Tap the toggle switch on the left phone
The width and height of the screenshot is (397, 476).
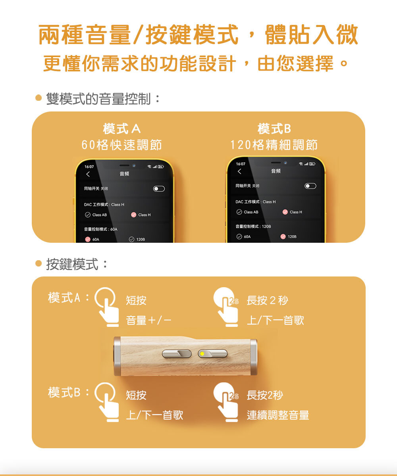[159, 189]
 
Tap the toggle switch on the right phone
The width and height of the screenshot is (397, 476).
[310, 186]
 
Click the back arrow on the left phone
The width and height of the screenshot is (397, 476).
[88, 175]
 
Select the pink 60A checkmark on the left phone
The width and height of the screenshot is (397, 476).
[88, 239]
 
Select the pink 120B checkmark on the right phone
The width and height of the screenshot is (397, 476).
[283, 237]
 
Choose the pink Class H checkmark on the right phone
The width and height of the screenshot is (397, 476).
[285, 212]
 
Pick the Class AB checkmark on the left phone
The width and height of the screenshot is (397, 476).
[88, 215]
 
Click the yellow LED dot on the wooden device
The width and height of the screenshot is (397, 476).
[202, 354]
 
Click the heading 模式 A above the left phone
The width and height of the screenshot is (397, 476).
[121, 129]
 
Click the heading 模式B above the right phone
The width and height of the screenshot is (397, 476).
[274, 129]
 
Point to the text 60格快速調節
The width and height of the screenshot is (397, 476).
[121, 145]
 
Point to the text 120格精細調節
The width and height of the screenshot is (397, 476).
[274, 145]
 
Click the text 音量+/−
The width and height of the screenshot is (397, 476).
[148, 320]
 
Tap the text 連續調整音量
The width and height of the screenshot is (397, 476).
[278, 415]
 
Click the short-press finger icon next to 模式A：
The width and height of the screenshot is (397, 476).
[107, 307]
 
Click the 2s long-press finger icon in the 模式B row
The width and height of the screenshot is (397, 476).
[226, 402]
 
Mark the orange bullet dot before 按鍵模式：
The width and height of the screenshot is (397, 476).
[39, 263]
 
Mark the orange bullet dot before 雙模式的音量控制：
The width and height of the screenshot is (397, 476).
[39, 98]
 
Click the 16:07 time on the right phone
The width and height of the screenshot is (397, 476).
[241, 164]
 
